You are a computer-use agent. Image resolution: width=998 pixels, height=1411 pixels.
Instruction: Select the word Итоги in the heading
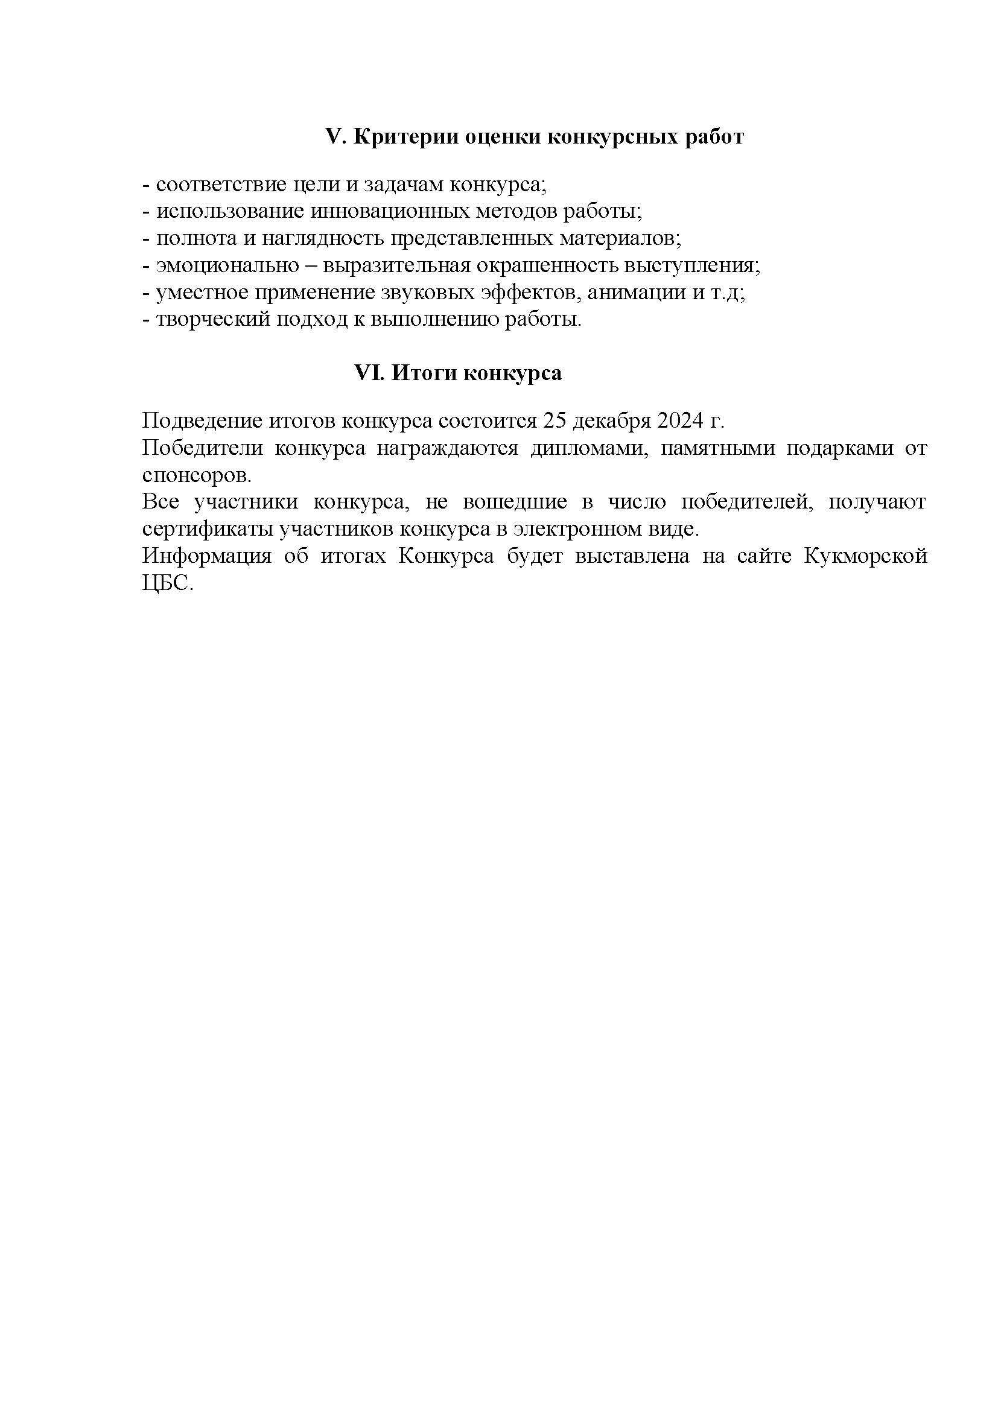[425, 373]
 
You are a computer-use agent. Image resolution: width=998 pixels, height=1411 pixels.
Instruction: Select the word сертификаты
[208, 529]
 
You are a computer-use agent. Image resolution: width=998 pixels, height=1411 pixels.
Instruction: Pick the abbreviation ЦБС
[167, 583]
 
